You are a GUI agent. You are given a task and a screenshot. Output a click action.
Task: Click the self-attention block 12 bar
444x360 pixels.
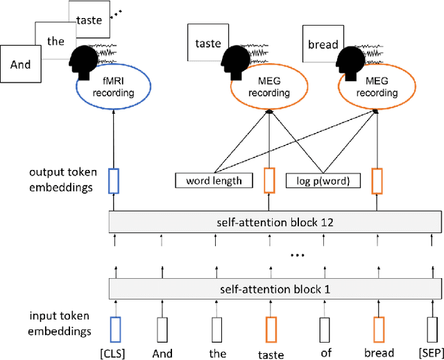coord(275,223)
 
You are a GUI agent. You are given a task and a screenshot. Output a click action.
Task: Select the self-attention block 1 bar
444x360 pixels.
coord(275,288)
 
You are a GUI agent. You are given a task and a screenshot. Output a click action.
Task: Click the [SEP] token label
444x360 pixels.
coord(427,352)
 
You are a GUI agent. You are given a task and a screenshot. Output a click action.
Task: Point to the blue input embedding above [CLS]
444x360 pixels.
coord(115,327)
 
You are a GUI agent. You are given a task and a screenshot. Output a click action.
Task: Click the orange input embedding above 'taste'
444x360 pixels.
coord(269,327)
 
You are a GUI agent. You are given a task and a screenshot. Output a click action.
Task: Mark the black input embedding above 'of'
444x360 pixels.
coord(324,327)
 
